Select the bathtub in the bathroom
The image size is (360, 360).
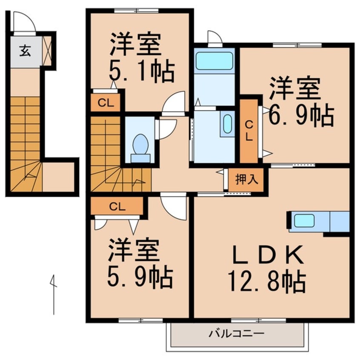tap(214, 60)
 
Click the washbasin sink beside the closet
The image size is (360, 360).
tap(227, 123)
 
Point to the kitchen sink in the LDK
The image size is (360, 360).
tap(305, 220)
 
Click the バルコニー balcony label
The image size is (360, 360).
tap(237, 334)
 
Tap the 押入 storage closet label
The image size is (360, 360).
tap(246, 179)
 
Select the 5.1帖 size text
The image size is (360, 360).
tap(142, 72)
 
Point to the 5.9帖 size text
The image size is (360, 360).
tap(140, 277)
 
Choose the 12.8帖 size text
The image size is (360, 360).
tap(267, 281)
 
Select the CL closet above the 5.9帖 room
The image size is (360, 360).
tap(117, 207)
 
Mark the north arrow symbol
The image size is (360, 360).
tap(53, 294)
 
